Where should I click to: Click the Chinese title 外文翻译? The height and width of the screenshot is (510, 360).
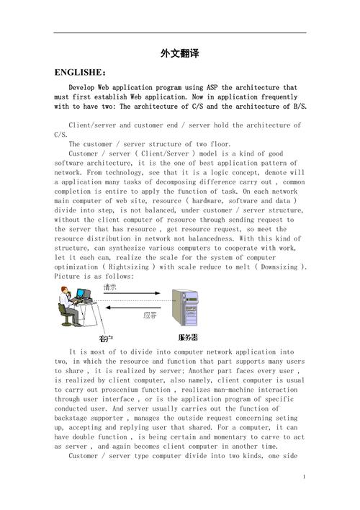179,54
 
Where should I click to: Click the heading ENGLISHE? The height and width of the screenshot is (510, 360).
80,73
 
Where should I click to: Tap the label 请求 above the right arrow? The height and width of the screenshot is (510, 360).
112,286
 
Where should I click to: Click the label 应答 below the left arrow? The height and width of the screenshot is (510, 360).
150,315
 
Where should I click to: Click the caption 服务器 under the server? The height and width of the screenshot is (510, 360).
188,337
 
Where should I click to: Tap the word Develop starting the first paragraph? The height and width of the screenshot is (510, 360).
84,88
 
